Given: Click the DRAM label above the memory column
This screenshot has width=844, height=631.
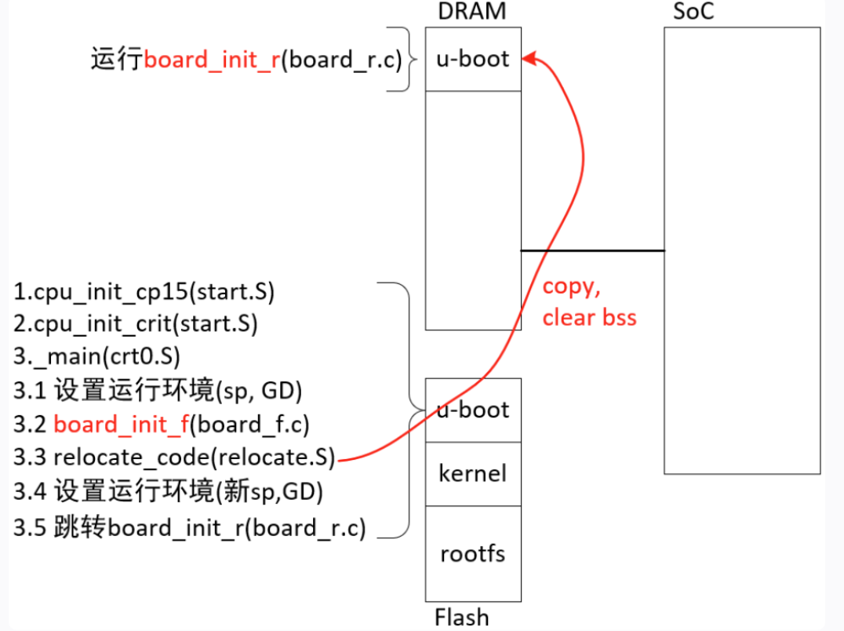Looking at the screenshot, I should (472, 11).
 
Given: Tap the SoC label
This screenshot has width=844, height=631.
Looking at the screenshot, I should (694, 12).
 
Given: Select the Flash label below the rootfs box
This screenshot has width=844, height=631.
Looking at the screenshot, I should (461, 617).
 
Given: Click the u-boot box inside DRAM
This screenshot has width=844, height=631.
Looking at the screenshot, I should (472, 60).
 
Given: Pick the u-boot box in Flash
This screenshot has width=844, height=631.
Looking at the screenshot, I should (472, 410).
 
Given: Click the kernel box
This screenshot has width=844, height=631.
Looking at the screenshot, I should (472, 473).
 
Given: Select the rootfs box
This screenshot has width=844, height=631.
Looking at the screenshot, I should (472, 553).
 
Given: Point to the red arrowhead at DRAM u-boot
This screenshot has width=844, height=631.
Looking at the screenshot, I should (529, 59).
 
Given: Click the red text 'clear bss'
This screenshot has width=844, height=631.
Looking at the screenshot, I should (589, 317).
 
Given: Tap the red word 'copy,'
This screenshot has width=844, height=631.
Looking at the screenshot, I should (572, 286).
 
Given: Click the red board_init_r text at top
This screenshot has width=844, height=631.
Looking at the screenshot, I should (212, 60).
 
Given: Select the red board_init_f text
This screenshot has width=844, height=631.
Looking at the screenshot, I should (122, 425).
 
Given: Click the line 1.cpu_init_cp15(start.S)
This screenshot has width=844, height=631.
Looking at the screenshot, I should (144, 292).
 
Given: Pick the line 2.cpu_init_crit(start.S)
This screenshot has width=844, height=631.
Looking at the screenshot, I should (136, 323).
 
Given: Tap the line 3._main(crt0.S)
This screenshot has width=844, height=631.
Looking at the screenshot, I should (97, 356).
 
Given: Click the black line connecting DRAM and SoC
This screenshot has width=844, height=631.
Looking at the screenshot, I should (592, 250).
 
